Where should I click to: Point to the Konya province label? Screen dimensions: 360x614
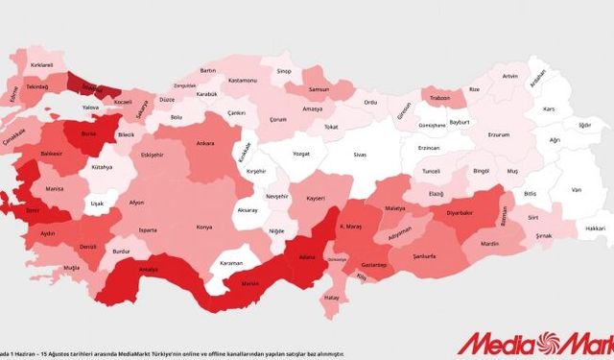[204, 228]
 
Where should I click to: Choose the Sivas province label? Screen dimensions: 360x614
[360, 153]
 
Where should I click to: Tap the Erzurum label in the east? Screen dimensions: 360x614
[499, 135]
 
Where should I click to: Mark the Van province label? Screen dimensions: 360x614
[576, 190]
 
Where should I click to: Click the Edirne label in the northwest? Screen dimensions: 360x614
[14, 96]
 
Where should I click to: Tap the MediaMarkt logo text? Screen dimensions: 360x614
[532, 341]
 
